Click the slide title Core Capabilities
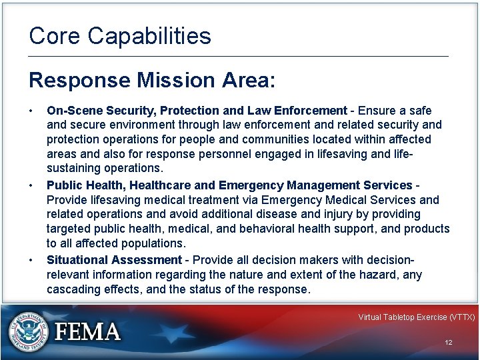coord(120,36)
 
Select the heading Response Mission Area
coord(151,81)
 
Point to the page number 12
coord(449,342)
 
